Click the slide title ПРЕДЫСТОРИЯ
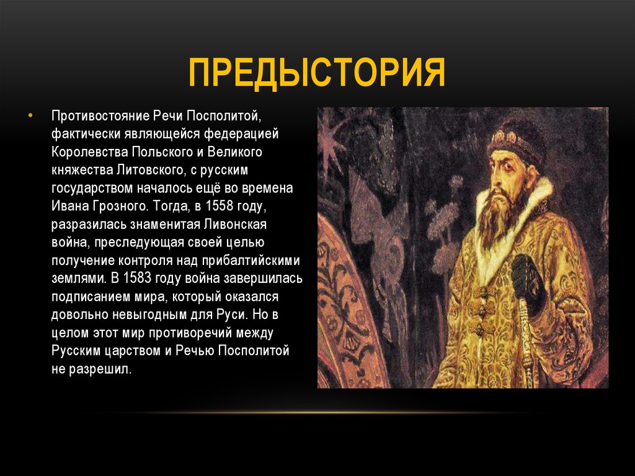coord(317,72)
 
